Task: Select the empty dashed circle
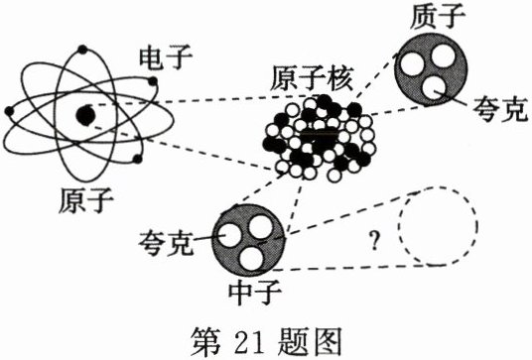click(x=436, y=227)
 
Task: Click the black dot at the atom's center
click(x=85, y=116)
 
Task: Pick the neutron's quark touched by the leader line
click(x=230, y=235)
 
